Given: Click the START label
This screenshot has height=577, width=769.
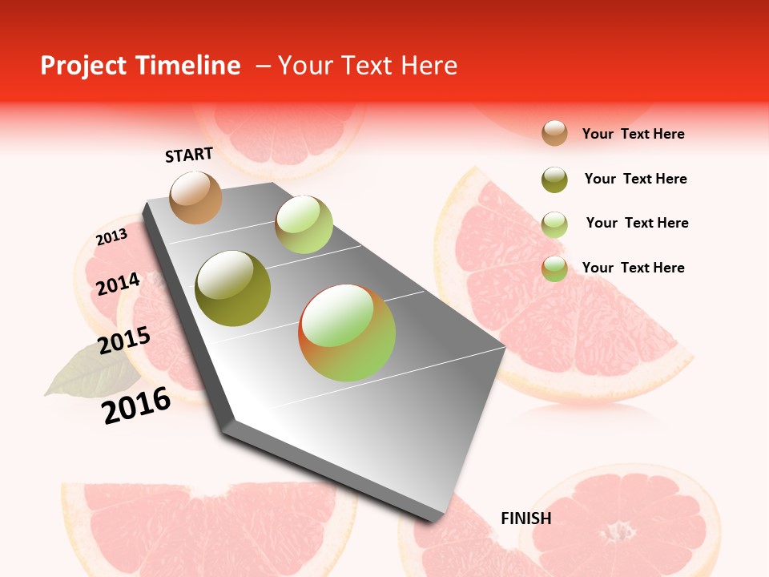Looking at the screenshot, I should pyautogui.click(x=189, y=155).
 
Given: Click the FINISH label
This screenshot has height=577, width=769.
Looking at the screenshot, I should pyautogui.click(x=525, y=518).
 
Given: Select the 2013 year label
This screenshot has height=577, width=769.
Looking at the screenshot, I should pyautogui.click(x=111, y=237).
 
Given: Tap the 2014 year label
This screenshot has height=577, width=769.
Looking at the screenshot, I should pyautogui.click(x=118, y=284).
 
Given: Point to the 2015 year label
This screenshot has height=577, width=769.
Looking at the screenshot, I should pyautogui.click(x=124, y=341).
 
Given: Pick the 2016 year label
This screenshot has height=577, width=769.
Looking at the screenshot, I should pyautogui.click(x=136, y=406).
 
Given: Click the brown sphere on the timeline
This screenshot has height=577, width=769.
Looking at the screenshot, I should pyautogui.click(x=195, y=197).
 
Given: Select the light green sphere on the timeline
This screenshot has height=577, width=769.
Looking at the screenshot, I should pyautogui.click(x=304, y=224).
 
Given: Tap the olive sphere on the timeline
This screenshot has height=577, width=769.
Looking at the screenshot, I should pyautogui.click(x=233, y=288).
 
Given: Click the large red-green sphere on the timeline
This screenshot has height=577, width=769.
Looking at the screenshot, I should pyautogui.click(x=347, y=333).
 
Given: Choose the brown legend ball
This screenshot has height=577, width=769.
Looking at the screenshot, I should pyautogui.click(x=554, y=133).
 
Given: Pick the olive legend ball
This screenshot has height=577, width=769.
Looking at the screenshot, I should pyautogui.click(x=554, y=180).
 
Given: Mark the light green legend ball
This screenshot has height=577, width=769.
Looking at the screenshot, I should pyautogui.click(x=554, y=224).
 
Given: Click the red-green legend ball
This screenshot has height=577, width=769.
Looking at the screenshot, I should pyautogui.click(x=554, y=268).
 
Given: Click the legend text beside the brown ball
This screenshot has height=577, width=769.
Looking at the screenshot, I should pyautogui.click(x=633, y=134).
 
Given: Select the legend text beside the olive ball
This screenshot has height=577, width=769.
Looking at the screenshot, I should pyautogui.click(x=635, y=179).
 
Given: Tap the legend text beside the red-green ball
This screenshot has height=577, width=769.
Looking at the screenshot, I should pyautogui.click(x=633, y=268).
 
